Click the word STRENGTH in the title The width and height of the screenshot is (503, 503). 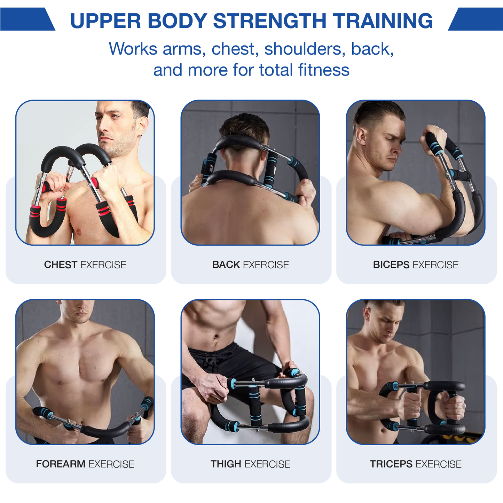tap(270, 21)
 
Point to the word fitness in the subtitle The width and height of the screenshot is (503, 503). tap(324, 70)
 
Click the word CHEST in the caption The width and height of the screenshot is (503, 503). tap(61, 265)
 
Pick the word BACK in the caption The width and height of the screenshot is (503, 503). tap(226, 265)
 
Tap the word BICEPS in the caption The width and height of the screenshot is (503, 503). tap(391, 265)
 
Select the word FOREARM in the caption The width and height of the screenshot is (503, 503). tap(61, 464)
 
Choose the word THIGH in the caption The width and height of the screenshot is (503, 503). tap(226, 464)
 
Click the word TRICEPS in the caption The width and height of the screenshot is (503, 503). tap(391, 464)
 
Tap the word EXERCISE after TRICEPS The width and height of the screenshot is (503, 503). tap(438, 464)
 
